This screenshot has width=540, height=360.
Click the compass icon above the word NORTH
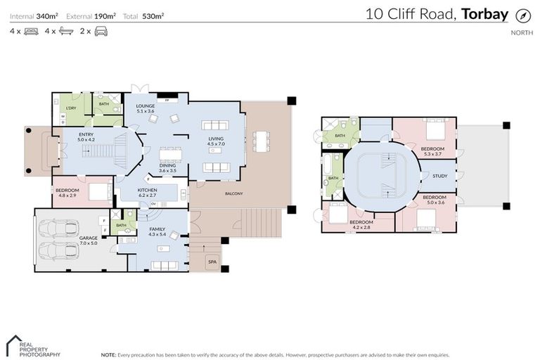click(522, 15)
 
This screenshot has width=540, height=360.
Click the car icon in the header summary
click(101, 32)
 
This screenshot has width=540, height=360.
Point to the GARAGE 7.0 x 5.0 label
click(88, 240)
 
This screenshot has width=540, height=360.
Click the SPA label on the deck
click(212, 262)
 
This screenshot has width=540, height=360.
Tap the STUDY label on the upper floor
click(440, 176)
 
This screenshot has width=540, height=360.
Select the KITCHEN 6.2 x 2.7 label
click(147, 193)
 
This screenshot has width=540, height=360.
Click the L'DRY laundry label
click(71, 108)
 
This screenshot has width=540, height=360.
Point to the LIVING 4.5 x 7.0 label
click(216, 141)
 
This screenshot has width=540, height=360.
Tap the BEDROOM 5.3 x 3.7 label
click(432, 151)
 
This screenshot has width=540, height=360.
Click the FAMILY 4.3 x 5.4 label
click(157, 231)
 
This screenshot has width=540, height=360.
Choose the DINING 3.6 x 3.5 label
click(167, 168)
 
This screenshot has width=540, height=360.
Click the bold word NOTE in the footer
click(108, 355)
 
